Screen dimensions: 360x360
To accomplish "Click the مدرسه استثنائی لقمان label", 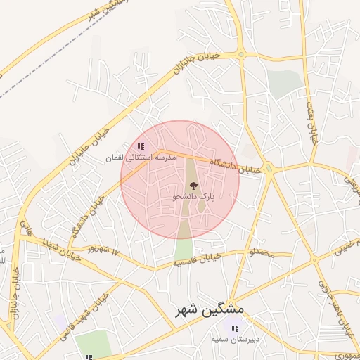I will [140, 158].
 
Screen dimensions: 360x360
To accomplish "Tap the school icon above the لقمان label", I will [141, 146].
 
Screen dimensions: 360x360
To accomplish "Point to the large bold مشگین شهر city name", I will [210, 309].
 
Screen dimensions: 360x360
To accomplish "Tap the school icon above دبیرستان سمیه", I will [234, 328].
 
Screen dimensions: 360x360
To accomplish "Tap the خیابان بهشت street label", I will [311, 120].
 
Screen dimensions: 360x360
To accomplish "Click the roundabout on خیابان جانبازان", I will [240, 53].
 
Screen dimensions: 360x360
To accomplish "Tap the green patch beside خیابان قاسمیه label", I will [184, 250].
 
